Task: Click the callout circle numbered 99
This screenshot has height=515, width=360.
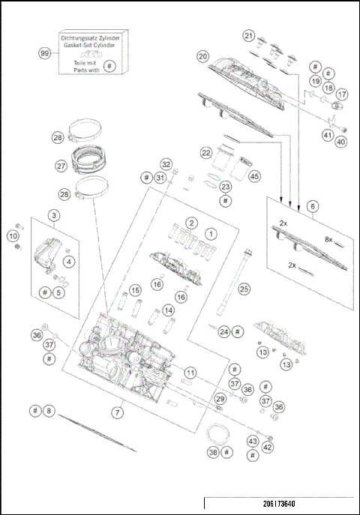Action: point(44,53)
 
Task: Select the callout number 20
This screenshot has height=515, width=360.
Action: point(202,56)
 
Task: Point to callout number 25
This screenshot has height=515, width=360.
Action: point(244,288)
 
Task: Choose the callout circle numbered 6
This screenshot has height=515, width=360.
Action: point(312,206)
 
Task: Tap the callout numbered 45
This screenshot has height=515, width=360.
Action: point(254,176)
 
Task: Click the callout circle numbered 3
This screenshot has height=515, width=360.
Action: point(54,215)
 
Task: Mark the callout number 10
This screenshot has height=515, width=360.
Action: point(13,236)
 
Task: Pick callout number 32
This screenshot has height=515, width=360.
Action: point(166,164)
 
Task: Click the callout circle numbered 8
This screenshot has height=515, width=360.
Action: point(49,411)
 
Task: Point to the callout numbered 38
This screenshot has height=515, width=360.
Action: point(213,453)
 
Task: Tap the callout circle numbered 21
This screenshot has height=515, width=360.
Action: point(249,35)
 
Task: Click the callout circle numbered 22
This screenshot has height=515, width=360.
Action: point(205,152)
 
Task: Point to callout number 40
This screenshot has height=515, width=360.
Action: point(340,142)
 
